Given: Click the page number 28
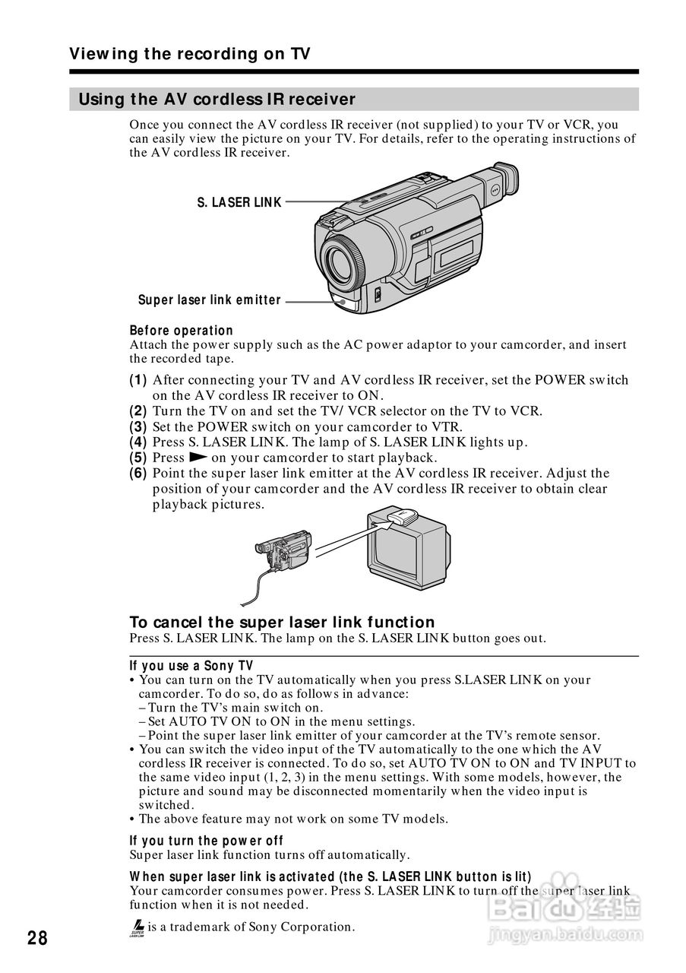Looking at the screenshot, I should click(x=37, y=938).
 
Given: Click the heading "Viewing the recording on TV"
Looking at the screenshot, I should click(x=190, y=54).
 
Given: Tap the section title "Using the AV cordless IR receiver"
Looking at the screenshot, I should click(x=217, y=100).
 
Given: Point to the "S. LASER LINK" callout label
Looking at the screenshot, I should click(x=239, y=202).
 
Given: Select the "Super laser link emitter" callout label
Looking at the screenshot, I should click(x=210, y=300).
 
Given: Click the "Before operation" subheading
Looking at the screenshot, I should click(x=182, y=331).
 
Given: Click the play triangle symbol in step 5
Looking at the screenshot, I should click(x=198, y=458).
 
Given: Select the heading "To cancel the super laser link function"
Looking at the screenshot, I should click(x=283, y=623).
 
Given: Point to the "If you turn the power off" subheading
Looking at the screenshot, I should click(x=207, y=841).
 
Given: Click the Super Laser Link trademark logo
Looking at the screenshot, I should click(x=138, y=928).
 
